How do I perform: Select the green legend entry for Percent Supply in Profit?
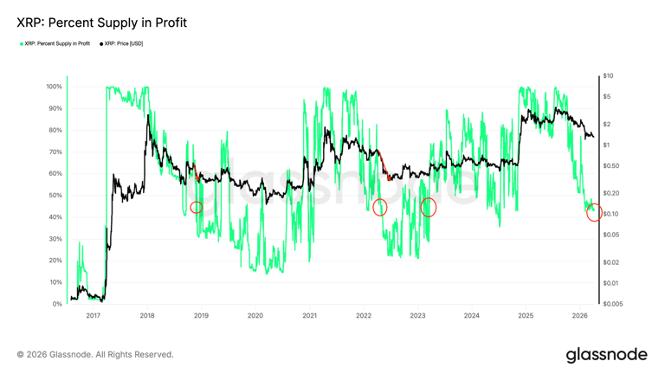click(55, 43)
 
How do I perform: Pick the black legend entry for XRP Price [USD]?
click(122, 43)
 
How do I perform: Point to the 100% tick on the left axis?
click(53, 87)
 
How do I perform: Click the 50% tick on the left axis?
click(55, 196)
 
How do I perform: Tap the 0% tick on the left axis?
click(56, 304)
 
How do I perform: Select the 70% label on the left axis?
click(55, 152)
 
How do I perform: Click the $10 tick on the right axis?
click(608, 76)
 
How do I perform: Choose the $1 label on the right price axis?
click(606, 145)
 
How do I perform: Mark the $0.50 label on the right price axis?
click(610, 166)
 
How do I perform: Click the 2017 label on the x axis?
click(93, 316)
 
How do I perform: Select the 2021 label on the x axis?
click(309, 316)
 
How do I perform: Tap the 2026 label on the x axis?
click(579, 316)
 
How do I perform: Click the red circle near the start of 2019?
click(197, 207)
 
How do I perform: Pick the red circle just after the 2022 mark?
click(379, 207)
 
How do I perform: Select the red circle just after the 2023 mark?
click(428, 207)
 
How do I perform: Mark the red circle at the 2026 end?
click(594, 212)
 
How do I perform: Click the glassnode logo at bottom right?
click(606, 355)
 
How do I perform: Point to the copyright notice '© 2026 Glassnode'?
click(95, 355)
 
